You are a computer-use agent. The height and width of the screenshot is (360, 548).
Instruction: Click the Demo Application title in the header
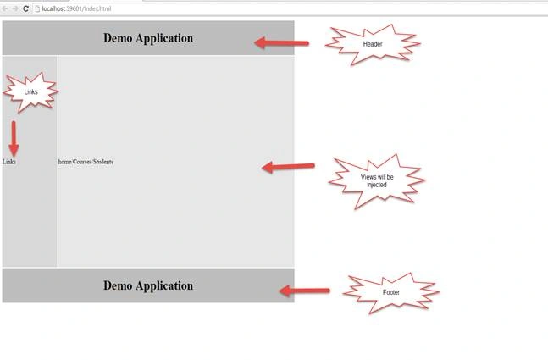[148, 38]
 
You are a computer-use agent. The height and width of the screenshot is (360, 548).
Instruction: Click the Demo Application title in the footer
[148, 286]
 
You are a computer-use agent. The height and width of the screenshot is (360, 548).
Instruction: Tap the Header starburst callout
[373, 44]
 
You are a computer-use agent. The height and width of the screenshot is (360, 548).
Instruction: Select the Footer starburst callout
[391, 292]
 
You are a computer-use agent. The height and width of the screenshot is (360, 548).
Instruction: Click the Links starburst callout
[30, 92]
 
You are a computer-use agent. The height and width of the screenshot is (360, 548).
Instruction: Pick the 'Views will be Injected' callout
[377, 181]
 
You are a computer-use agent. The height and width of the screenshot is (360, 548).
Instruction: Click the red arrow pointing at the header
[281, 43]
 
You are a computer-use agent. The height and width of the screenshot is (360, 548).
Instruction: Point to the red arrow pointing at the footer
[304, 291]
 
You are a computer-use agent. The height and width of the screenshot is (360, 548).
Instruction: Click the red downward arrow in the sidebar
[14, 139]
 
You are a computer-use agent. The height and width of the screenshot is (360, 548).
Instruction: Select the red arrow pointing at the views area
[288, 167]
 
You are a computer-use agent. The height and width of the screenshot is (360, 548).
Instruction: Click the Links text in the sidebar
[9, 162]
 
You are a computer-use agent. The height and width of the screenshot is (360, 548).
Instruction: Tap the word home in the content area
[64, 162]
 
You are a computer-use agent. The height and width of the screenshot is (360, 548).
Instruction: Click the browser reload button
[25, 8]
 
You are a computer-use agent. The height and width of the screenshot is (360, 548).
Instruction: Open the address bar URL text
[76, 8]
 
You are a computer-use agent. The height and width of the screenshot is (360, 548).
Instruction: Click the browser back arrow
[5, 8]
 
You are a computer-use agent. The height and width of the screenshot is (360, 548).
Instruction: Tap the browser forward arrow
[15, 8]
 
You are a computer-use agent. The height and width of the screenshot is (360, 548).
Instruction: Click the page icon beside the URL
[37, 8]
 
